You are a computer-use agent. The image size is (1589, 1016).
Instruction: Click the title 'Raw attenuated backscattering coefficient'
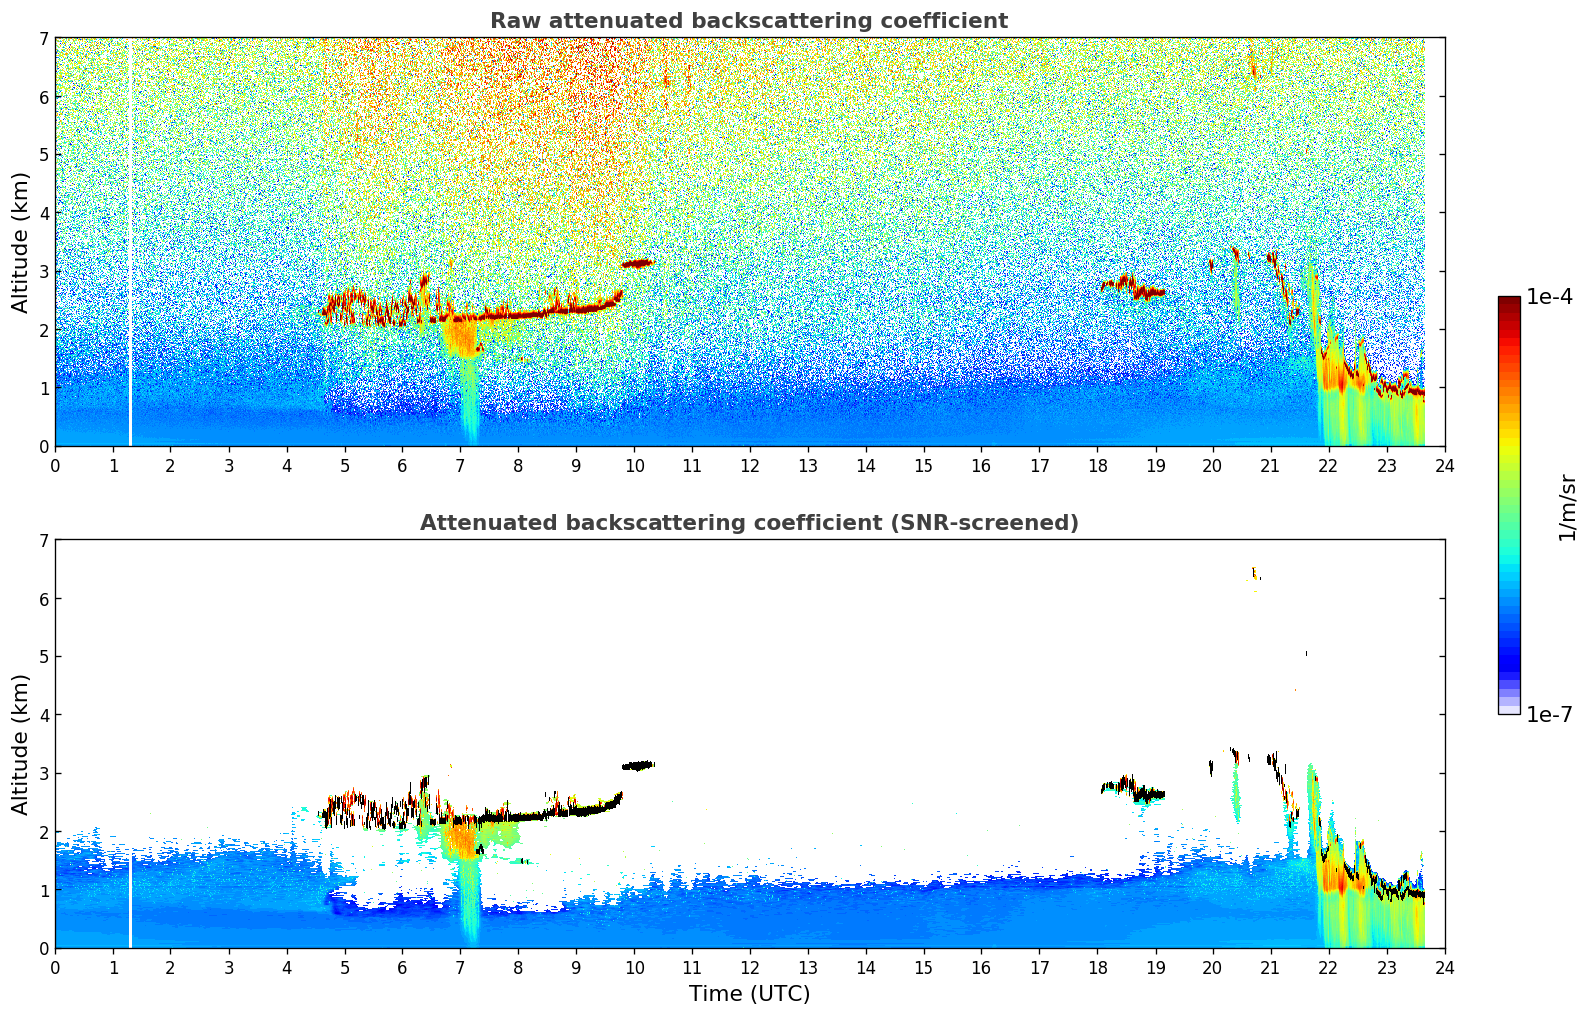pyautogui.click(x=749, y=21)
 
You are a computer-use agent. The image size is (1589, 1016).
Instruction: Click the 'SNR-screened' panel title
pyautogui.click(x=749, y=523)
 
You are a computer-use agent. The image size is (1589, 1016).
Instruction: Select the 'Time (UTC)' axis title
pyautogui.click(x=749, y=994)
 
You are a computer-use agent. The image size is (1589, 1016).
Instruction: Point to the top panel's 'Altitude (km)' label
pyautogui.click(x=21, y=242)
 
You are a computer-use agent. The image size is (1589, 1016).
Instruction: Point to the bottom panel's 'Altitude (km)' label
pyautogui.click(x=21, y=744)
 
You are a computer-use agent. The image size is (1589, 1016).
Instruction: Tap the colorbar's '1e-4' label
pyautogui.click(x=1549, y=297)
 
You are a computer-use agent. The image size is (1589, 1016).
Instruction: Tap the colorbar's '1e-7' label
pyautogui.click(x=1549, y=714)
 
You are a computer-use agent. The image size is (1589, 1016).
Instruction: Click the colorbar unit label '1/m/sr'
pyautogui.click(x=1567, y=506)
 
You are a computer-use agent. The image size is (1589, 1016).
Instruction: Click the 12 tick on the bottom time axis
pyautogui.click(x=749, y=967)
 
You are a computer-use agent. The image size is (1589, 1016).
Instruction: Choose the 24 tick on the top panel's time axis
pyautogui.click(x=1444, y=465)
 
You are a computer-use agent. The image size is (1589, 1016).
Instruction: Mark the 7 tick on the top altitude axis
pyautogui.click(x=43, y=39)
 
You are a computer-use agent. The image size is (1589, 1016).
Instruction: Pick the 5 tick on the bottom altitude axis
pyautogui.click(x=43, y=657)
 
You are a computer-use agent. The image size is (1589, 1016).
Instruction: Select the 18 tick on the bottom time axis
pyautogui.click(x=1097, y=967)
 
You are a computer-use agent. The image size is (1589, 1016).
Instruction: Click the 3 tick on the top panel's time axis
pyautogui.click(x=228, y=465)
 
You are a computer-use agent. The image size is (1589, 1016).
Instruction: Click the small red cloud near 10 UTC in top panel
pyautogui.click(x=637, y=264)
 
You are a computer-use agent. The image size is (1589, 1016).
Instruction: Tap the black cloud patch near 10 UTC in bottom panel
pyautogui.click(x=638, y=766)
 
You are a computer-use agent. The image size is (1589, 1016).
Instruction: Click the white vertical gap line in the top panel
pyautogui.click(x=130, y=249)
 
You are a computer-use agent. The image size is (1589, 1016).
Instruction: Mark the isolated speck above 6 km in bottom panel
pyautogui.click(x=1254, y=573)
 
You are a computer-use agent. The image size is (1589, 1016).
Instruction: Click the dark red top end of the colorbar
pyautogui.click(x=1509, y=301)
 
